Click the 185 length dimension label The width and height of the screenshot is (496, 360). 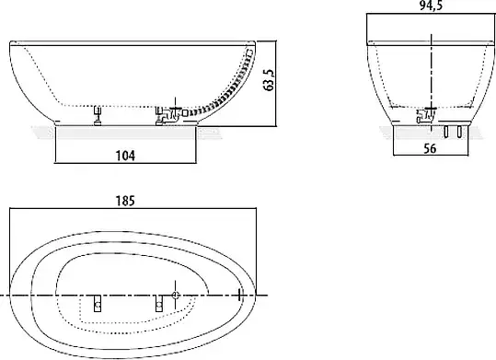[125, 201]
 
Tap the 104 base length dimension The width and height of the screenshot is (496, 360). [125, 156]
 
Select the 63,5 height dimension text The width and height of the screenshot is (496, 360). [269, 80]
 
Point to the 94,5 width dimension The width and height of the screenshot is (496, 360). [432, 6]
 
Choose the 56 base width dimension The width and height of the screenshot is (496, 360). [430, 148]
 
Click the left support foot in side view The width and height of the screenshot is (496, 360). [98, 116]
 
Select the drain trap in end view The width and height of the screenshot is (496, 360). [426, 116]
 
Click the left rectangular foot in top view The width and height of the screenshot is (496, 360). [98, 303]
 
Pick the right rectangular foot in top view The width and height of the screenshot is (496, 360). [159, 303]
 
